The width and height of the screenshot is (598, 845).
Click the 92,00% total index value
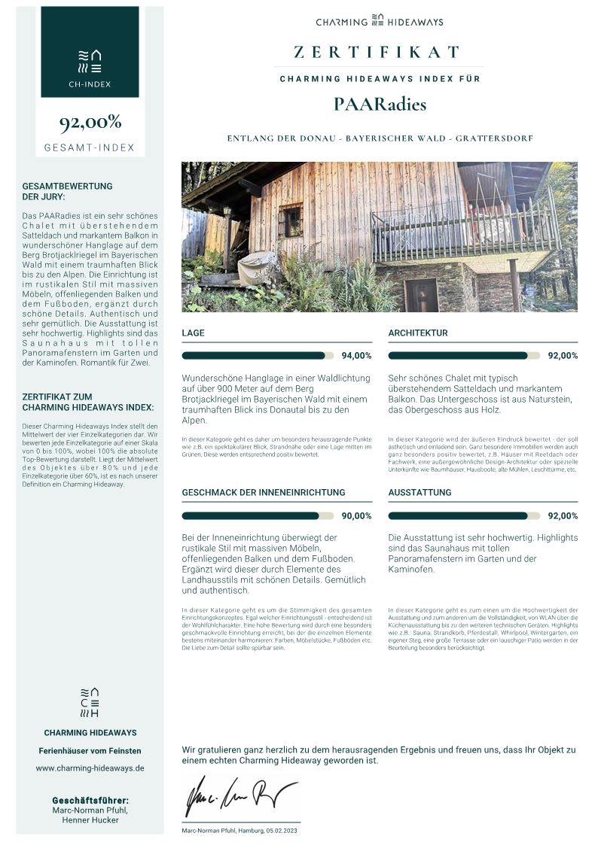click(x=90, y=123)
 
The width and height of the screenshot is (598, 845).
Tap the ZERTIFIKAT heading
click(x=377, y=52)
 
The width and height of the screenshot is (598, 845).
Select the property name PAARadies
click(x=380, y=105)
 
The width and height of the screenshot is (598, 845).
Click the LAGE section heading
click(x=193, y=333)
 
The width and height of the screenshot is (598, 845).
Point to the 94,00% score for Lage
click(x=356, y=356)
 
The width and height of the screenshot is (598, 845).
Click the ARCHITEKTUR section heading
click(x=418, y=333)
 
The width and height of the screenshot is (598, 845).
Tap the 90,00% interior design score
click(x=356, y=516)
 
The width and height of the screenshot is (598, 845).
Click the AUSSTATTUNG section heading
click(x=420, y=492)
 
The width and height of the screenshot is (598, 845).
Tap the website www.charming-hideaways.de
click(x=90, y=768)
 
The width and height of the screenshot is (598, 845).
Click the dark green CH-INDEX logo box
click(x=90, y=52)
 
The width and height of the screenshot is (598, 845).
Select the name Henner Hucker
click(x=90, y=820)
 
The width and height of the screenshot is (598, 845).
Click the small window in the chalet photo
click(x=290, y=220)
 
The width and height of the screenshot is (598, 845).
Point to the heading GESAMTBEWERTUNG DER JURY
click(x=68, y=191)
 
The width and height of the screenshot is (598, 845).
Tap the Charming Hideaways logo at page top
click(x=380, y=22)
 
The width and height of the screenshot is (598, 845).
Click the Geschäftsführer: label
click(x=90, y=800)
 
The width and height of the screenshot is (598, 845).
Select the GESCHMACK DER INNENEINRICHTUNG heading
click(x=264, y=492)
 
